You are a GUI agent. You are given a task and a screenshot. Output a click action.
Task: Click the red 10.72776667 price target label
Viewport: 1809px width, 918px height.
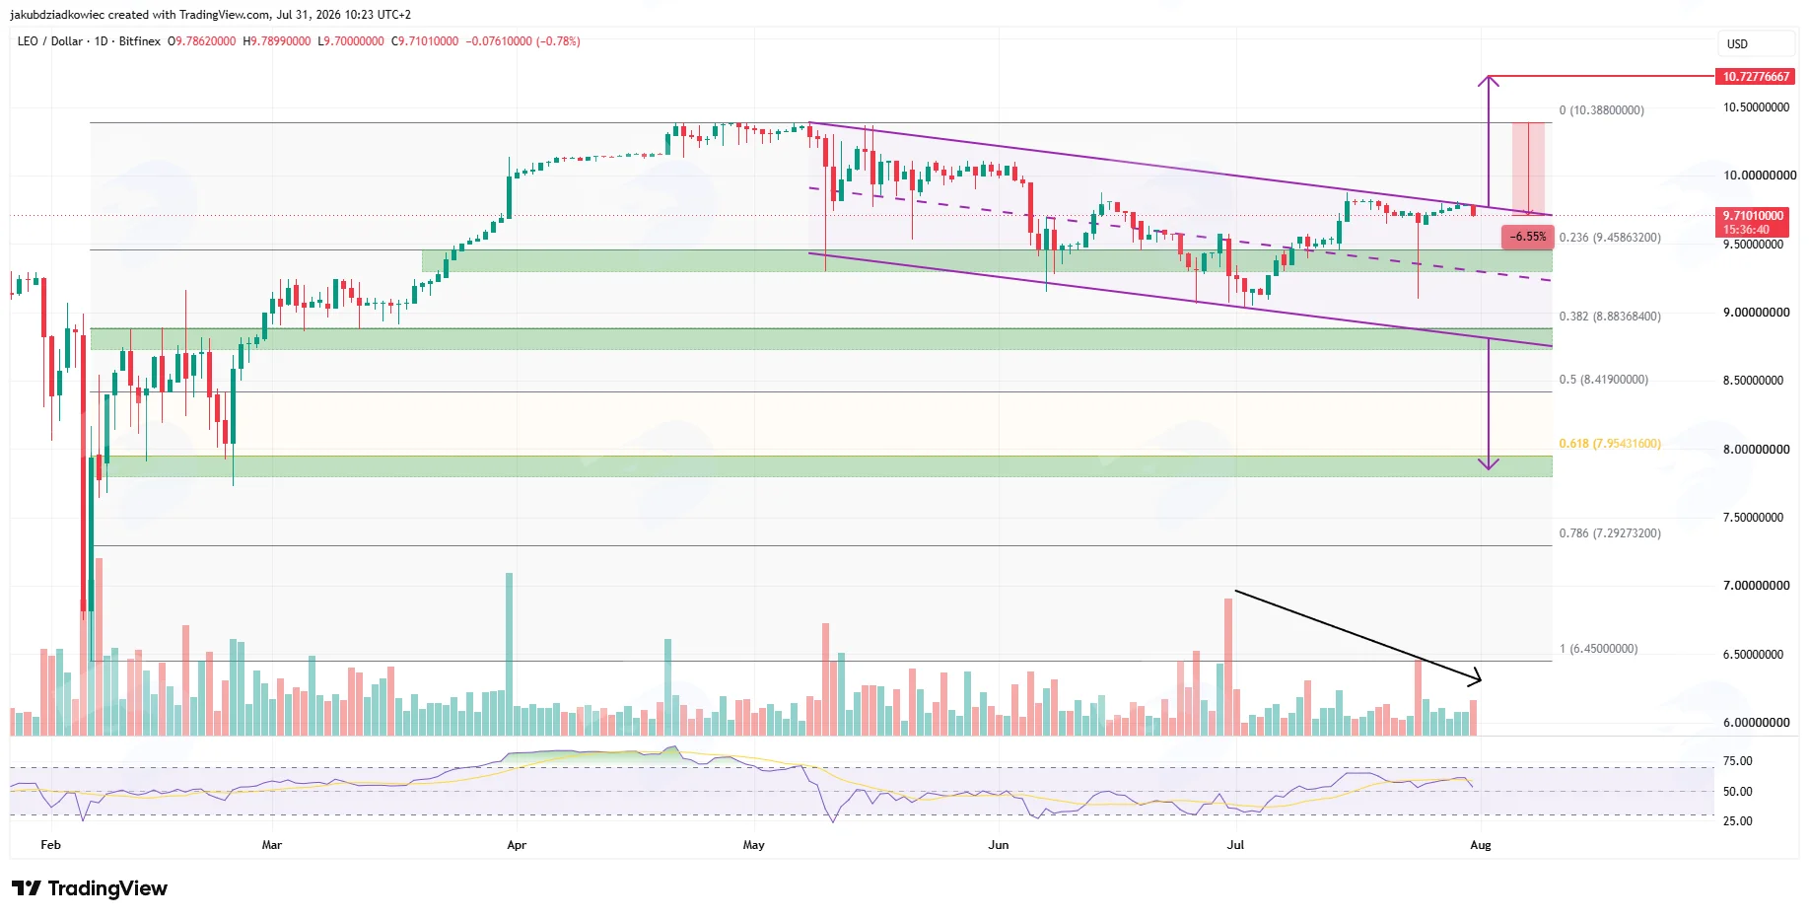[x=1756, y=76]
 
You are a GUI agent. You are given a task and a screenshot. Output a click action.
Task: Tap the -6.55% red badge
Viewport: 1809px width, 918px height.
[x=1528, y=237]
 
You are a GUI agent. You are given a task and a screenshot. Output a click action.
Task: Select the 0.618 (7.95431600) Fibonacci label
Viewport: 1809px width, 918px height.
[x=1610, y=444]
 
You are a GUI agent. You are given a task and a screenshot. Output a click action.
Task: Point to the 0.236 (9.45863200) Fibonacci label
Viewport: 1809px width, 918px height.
[x=1610, y=238]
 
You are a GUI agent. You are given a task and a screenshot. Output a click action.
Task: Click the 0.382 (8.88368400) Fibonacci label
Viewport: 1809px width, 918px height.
[x=1610, y=317]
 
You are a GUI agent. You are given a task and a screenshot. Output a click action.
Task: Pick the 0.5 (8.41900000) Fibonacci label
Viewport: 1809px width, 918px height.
[x=1603, y=380]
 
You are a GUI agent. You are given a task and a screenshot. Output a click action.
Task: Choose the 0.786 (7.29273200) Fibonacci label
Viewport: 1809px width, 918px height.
[x=1610, y=533]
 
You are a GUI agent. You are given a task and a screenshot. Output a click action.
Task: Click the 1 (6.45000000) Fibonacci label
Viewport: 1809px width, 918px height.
[x=1598, y=649]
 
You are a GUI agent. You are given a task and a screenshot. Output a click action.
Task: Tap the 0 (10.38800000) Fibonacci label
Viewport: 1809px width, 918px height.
[x=1601, y=110]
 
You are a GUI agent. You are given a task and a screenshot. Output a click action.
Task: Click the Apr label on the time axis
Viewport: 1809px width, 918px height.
[x=517, y=845]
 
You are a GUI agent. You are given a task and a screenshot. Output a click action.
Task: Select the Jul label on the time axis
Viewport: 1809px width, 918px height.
[x=1235, y=845]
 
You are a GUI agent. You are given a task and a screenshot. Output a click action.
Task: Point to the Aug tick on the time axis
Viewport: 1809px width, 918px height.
[x=1481, y=845]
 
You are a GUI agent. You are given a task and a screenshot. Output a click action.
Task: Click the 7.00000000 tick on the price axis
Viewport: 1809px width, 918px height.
[x=1756, y=586]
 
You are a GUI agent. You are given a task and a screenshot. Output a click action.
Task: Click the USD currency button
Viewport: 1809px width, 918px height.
[x=1737, y=44]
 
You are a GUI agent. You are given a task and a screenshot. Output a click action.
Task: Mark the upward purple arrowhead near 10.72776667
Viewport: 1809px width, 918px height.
[x=1489, y=78]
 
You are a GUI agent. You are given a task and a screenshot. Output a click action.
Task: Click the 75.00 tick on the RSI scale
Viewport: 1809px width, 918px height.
[x=1737, y=761]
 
